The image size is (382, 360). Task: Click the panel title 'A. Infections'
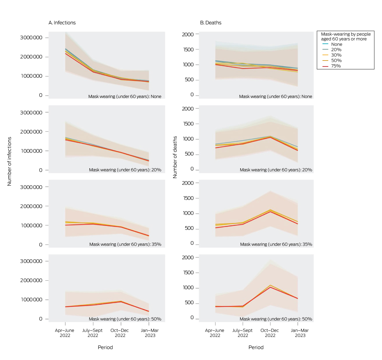pos(62,23)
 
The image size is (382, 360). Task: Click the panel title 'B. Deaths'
pos(211,23)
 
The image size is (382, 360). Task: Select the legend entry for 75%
pos(336,66)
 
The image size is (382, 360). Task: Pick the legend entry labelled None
pos(336,44)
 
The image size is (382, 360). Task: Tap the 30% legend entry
pos(336,55)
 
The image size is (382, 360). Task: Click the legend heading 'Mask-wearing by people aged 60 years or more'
pos(346,36)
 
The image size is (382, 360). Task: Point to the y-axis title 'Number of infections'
pos(9,161)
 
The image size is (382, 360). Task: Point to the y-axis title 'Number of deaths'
pos(175,157)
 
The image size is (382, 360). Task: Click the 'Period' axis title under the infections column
pos(105,347)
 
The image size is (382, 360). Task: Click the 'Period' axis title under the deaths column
pos(256,347)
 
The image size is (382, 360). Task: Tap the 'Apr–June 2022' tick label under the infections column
pos(65,333)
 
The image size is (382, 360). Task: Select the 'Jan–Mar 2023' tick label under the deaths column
pos(300,333)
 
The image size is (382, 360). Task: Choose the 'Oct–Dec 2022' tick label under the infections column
pos(120,333)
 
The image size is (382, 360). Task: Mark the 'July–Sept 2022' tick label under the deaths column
pos(243,333)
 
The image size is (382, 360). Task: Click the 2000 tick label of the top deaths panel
pos(188,34)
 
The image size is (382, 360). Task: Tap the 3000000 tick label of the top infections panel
pos(31,38)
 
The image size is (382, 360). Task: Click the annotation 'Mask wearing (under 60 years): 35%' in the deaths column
pos(276,244)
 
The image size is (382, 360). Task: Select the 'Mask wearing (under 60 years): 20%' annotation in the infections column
pos(125,170)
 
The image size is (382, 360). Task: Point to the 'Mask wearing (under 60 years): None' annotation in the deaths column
pos(276,97)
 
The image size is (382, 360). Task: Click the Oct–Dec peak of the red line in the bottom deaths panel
pos(270,287)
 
